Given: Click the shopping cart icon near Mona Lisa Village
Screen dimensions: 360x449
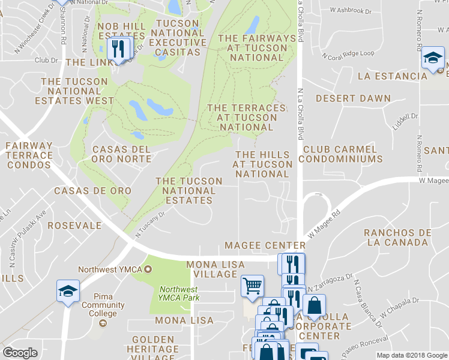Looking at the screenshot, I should (x=252, y=286).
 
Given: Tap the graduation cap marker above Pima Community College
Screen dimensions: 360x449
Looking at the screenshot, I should (x=68, y=291).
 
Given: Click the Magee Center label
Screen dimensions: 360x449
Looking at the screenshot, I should (x=265, y=245).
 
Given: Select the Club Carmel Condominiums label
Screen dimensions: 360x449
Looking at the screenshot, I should (x=340, y=154).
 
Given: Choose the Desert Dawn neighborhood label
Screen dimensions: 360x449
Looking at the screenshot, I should (x=353, y=98).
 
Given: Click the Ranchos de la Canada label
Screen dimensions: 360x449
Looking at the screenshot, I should (x=398, y=238).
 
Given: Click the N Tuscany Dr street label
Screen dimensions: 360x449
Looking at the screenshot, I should (x=149, y=224).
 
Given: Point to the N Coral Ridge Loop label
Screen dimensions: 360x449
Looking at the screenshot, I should (x=348, y=54).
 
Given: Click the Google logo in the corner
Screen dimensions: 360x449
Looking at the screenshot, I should (x=20, y=353).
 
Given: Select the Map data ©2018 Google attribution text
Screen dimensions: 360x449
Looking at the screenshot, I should (x=411, y=355).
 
